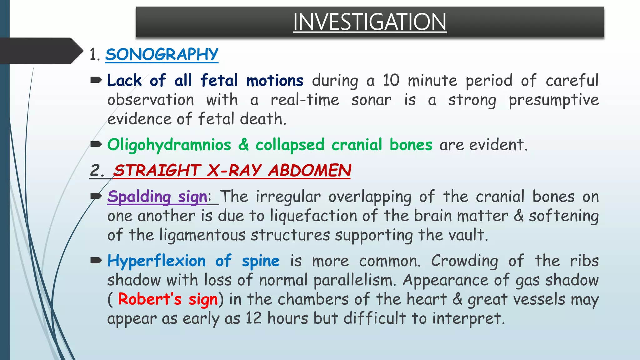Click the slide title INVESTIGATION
(369, 22)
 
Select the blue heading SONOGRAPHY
(162, 54)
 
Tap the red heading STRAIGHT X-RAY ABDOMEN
(232, 171)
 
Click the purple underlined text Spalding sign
(157, 197)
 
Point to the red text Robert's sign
(167, 299)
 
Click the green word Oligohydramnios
(169, 145)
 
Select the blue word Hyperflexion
(156, 261)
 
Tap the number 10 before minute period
(391, 81)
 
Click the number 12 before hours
(253, 318)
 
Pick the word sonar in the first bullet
(371, 100)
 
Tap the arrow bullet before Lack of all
(96, 80)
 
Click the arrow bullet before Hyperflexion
(96, 260)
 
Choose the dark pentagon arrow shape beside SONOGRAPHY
(41, 51)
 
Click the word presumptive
(553, 100)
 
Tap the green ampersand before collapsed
(243, 145)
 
